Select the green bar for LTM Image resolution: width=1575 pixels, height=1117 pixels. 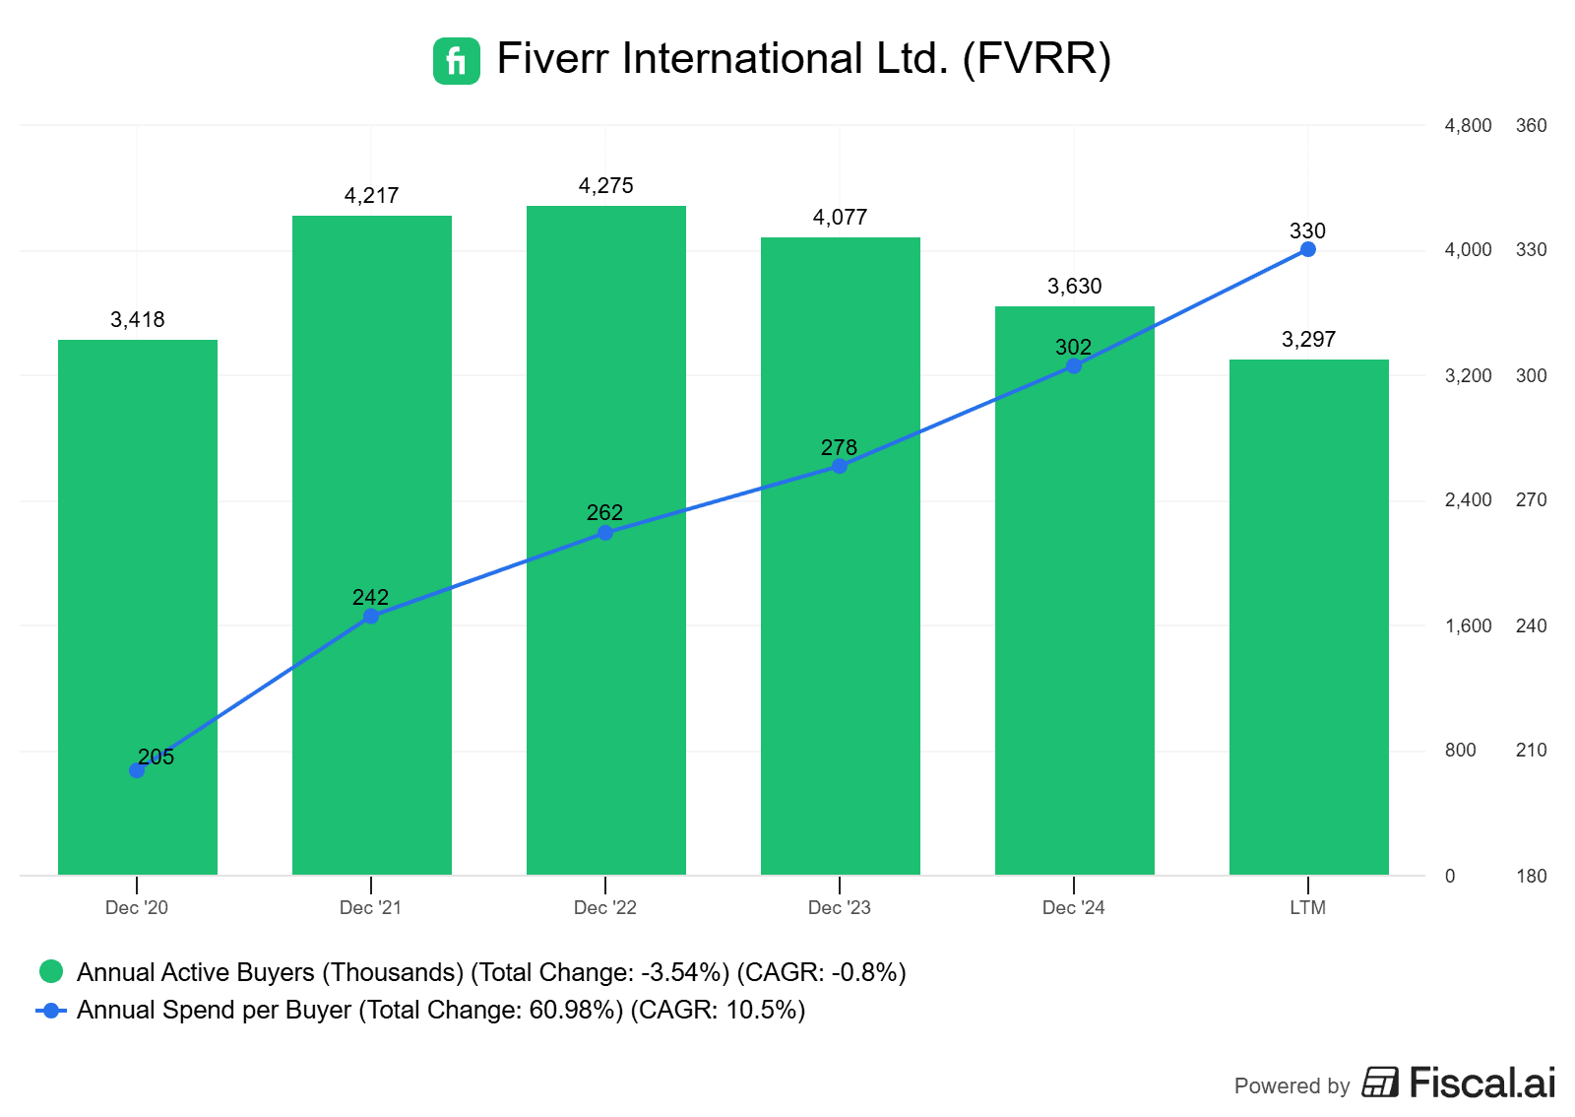point(1308,640)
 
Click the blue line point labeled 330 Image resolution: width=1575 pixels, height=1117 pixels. point(1307,249)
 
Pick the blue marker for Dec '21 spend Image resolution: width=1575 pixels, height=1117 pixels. point(371,617)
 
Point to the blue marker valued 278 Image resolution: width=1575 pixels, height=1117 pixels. point(840,466)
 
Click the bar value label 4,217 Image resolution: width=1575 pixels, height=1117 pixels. point(371,195)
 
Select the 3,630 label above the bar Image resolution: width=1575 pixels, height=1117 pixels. point(1074,286)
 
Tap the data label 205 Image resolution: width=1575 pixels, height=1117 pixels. point(156,756)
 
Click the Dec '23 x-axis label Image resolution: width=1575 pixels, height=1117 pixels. point(839,907)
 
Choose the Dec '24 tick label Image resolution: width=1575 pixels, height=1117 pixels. point(1073,907)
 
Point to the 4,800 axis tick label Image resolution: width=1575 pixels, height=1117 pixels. point(1468,125)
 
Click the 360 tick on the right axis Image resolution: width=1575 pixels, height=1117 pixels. point(1531,125)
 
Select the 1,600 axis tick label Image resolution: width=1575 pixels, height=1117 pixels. point(1468,625)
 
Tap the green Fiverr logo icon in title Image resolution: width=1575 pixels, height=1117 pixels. point(457,60)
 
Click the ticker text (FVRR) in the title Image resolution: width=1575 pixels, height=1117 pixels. point(1037,58)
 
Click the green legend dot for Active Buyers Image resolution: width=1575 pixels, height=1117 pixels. point(51,972)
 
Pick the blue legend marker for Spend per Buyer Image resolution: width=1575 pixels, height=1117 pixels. point(51,1010)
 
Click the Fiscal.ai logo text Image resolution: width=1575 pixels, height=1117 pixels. point(1481,1083)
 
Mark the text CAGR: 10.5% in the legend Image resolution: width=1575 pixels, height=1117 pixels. point(718,1010)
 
